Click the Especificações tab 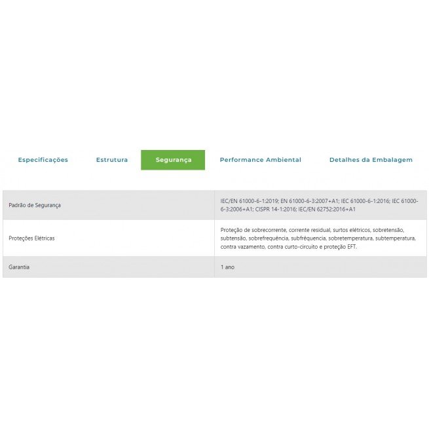coord(43,160)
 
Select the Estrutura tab coord(112,160)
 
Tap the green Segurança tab coord(173,160)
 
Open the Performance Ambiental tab coord(260,160)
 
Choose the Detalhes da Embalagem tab coord(371,160)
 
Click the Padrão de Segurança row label coord(35,205)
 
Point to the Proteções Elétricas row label coord(32,238)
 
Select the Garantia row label coord(19,267)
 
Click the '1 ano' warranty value coord(227,267)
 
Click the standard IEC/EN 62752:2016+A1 coord(327,209)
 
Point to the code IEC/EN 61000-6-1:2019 coord(250,201)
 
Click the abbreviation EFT coord(351,246)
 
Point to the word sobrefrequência coord(268,238)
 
